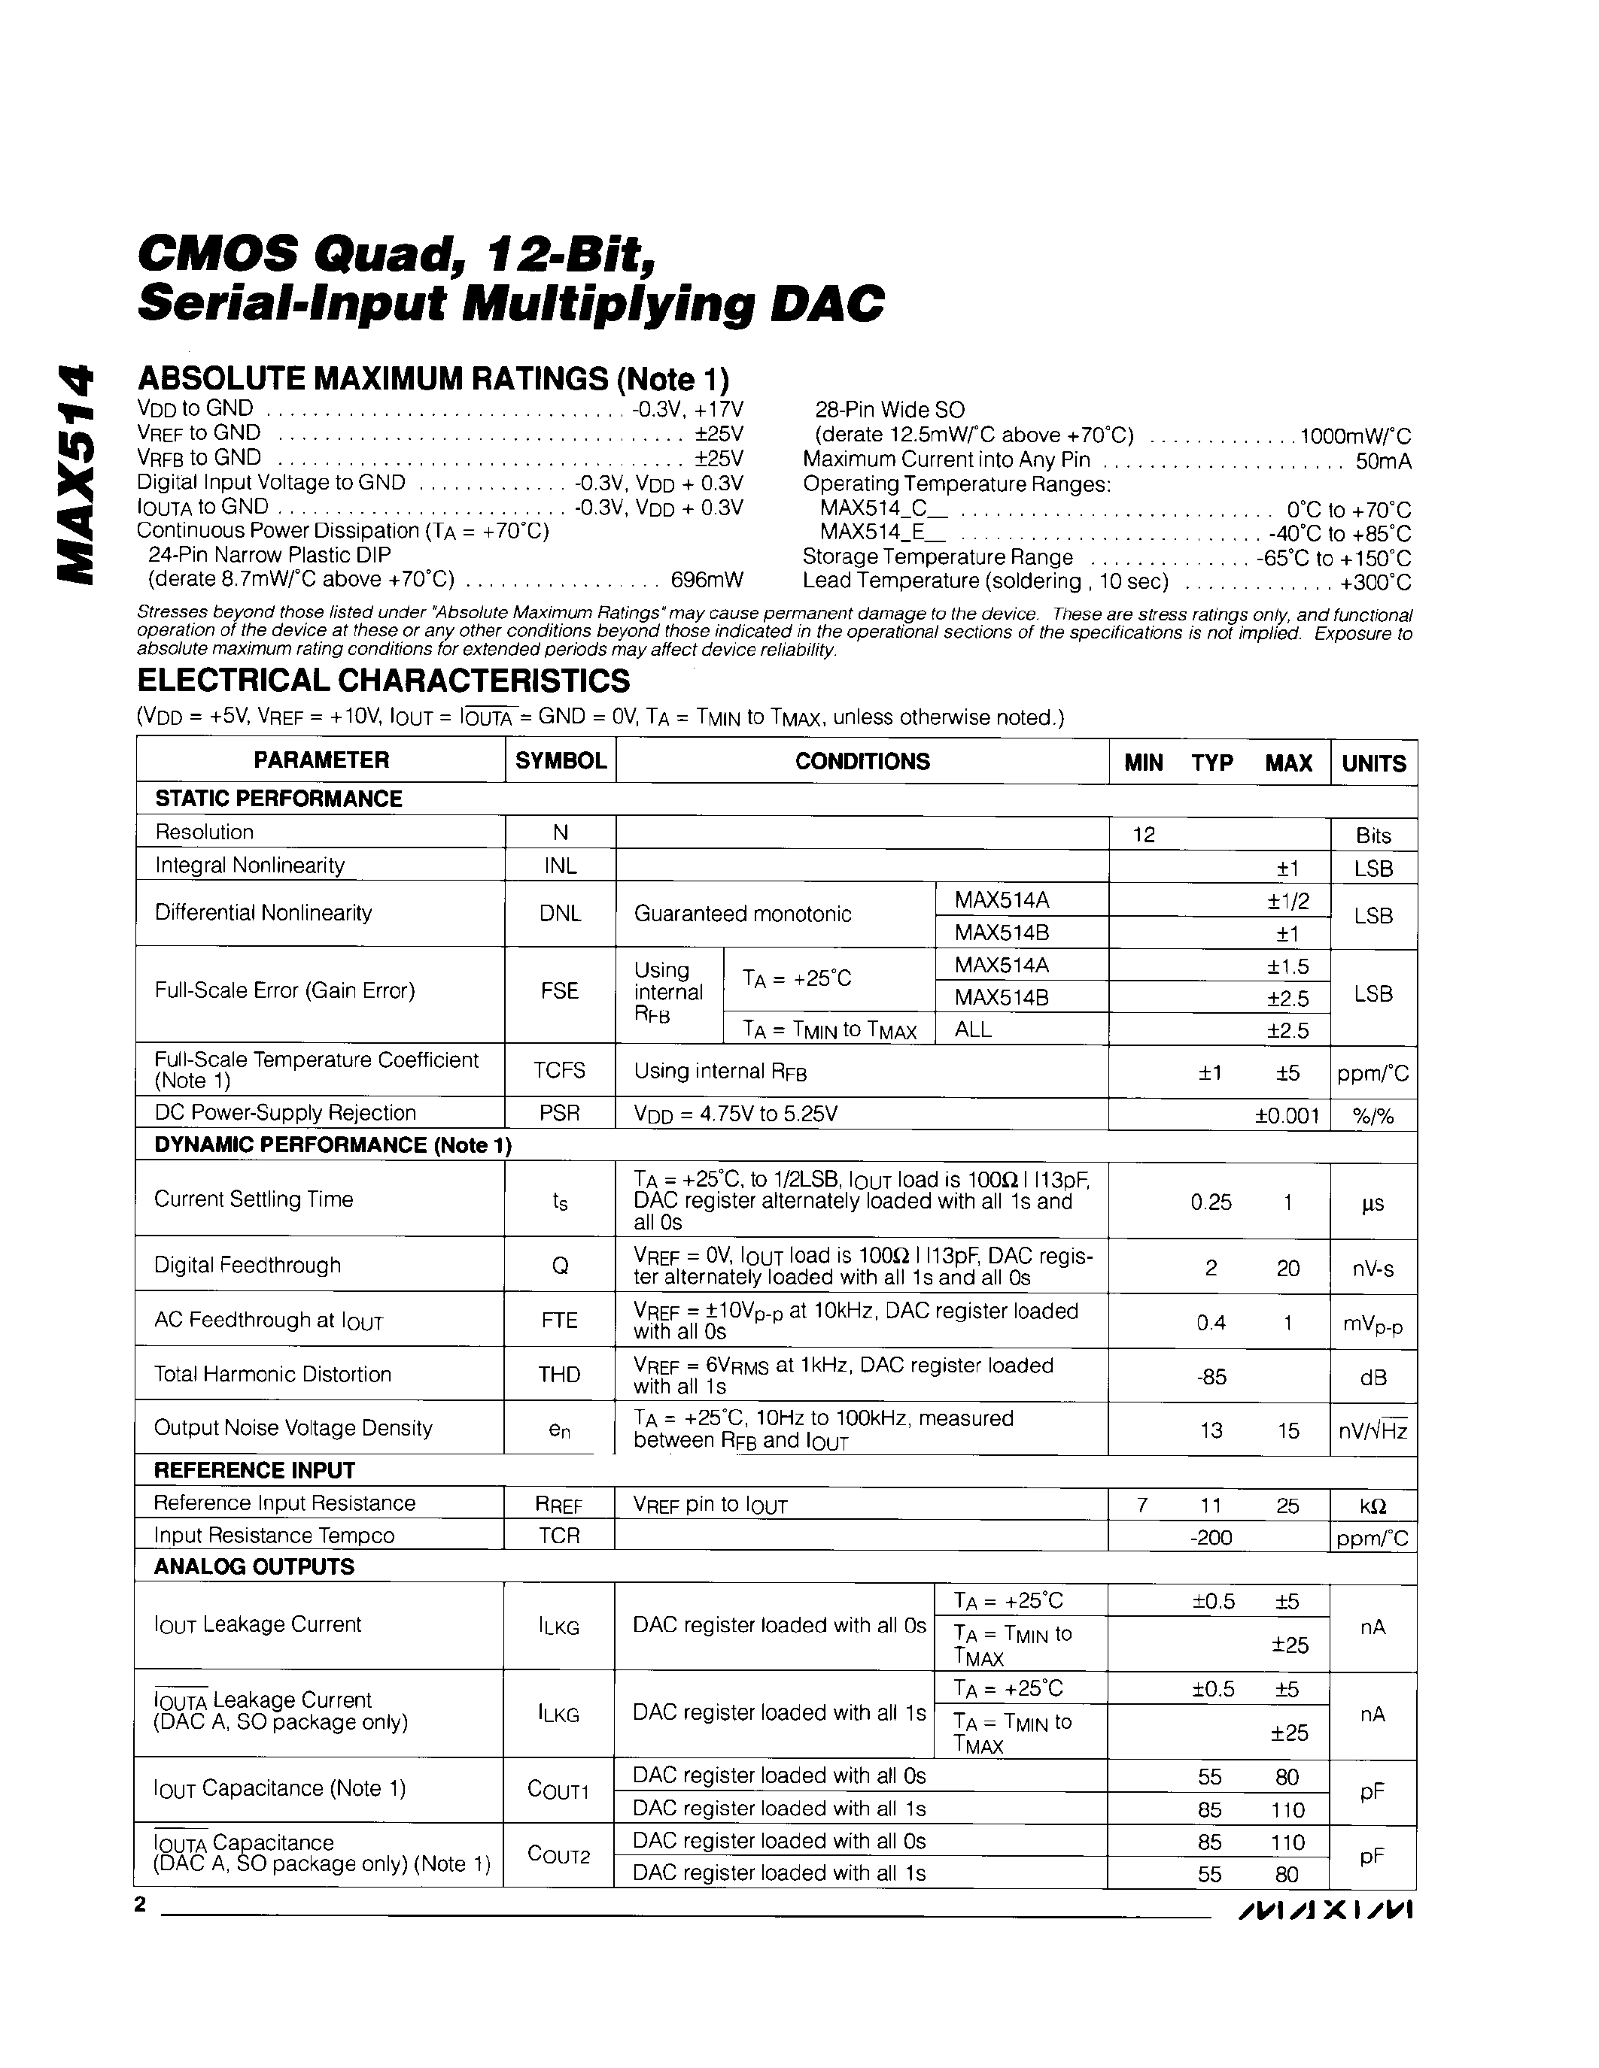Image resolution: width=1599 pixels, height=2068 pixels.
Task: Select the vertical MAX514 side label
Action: [x=77, y=474]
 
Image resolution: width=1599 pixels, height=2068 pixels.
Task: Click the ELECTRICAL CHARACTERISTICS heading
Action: [x=384, y=680]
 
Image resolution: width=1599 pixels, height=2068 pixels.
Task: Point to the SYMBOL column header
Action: [x=561, y=760]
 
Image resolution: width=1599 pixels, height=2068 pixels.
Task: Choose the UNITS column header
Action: [x=1373, y=763]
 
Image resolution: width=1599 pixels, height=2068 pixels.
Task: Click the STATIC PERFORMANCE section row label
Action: [x=278, y=798]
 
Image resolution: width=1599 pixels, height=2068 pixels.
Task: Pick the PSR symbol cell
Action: [x=560, y=1113]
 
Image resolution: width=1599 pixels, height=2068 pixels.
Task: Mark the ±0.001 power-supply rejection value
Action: [x=1287, y=1115]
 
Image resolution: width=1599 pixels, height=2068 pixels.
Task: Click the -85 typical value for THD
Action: [x=1211, y=1376]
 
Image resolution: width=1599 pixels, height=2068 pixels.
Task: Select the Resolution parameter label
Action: [x=205, y=832]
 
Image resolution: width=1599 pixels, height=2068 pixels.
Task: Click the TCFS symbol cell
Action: [x=560, y=1071]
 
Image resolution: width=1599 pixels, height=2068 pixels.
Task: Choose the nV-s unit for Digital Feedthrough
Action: [x=1373, y=1268]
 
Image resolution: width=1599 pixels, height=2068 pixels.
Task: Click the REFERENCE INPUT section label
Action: [x=254, y=1470]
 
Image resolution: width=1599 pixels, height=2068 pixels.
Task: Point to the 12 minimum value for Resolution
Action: [x=1145, y=834]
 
